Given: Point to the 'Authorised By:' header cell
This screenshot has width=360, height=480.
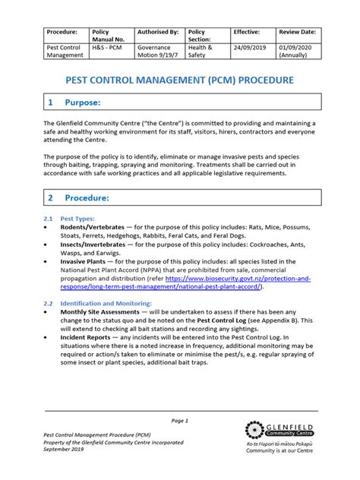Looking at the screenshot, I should (x=157, y=32).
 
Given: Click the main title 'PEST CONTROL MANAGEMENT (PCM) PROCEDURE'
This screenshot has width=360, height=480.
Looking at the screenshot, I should (x=180, y=80).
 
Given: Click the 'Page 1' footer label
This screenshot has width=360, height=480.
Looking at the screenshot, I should (x=180, y=420).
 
